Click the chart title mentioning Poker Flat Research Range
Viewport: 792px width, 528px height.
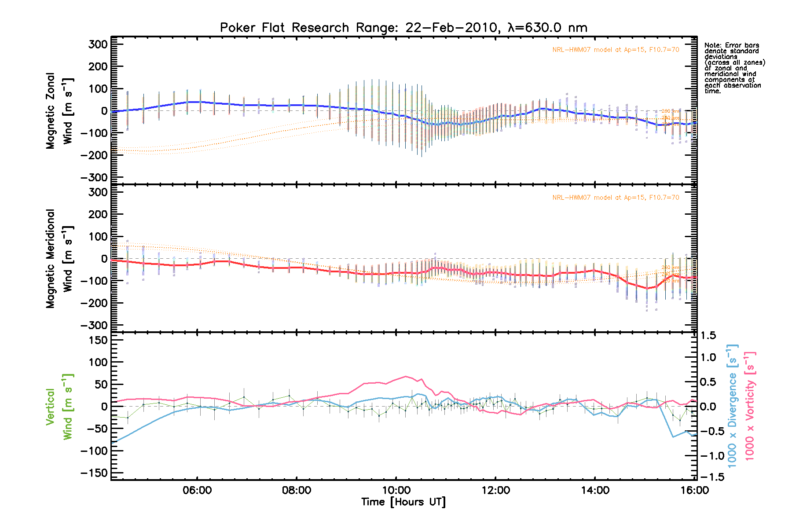tap(403, 28)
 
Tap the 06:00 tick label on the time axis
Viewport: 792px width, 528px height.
tap(197, 490)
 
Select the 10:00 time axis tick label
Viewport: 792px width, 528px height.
tap(396, 490)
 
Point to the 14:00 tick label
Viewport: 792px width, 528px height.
tap(595, 490)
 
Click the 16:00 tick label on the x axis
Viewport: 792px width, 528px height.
tap(694, 490)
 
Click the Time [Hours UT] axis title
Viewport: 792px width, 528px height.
tap(403, 502)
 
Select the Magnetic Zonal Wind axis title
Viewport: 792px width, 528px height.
tap(59, 110)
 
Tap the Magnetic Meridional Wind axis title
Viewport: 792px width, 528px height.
tap(59, 258)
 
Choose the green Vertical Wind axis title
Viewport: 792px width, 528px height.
tap(59, 407)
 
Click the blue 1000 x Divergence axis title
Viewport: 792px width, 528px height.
tap(732, 406)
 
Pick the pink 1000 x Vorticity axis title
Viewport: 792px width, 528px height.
tap(750, 406)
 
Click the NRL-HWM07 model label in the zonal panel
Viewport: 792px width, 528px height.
tap(616, 50)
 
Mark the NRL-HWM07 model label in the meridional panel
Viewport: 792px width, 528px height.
tap(616, 198)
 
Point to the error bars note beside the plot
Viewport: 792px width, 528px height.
tap(734, 68)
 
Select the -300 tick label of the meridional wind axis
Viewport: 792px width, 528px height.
tap(94, 325)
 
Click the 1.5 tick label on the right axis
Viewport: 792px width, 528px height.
tap(708, 336)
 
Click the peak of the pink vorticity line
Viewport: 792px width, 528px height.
tap(405, 376)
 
